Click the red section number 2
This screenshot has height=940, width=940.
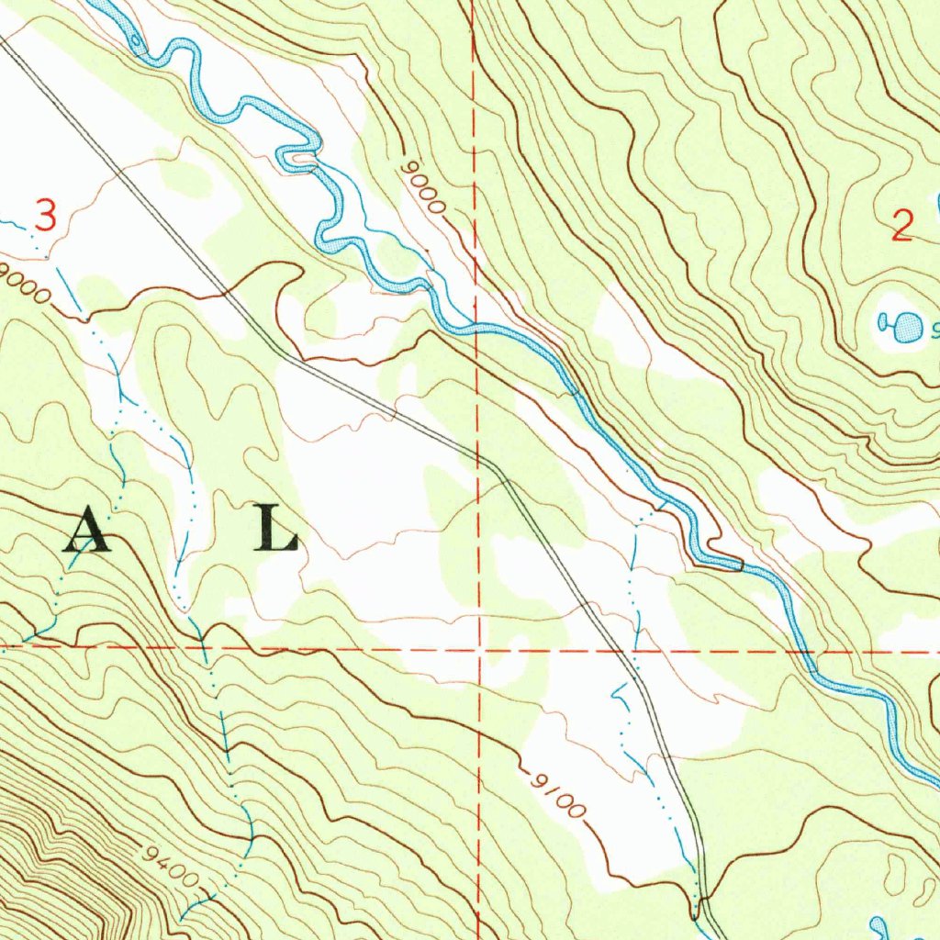tap(902, 225)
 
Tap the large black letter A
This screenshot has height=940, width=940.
tap(87, 532)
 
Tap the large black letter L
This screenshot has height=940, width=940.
tap(276, 532)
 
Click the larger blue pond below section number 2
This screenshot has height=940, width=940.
tap(908, 325)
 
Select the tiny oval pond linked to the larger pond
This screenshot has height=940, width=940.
tap(885, 321)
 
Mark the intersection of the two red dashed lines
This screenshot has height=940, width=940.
tap(478, 649)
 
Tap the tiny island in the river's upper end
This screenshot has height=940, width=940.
tap(138, 40)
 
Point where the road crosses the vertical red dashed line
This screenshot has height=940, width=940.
tap(477, 454)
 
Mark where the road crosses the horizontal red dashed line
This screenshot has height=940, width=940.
tap(629, 651)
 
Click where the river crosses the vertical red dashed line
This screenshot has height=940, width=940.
tap(476, 326)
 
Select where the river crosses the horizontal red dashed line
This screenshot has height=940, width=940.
tap(806, 653)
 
